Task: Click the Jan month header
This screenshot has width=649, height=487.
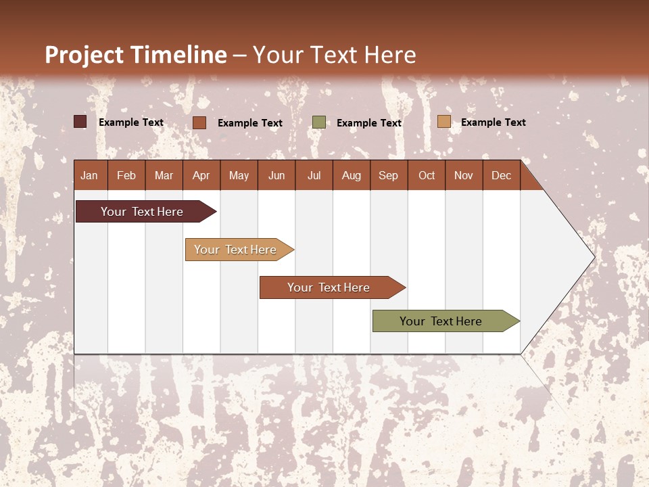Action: [x=89, y=175]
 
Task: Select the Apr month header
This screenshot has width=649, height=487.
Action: [x=201, y=175]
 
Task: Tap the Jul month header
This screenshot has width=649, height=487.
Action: [x=314, y=175]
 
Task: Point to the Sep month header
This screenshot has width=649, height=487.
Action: [x=388, y=175]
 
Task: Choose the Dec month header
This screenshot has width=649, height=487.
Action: [x=501, y=175]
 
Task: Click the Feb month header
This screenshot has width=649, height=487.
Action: [x=126, y=175]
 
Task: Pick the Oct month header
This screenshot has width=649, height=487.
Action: [x=427, y=175]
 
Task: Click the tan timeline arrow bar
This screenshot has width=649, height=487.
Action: [x=237, y=250]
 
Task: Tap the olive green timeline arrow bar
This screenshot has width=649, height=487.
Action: [x=443, y=321]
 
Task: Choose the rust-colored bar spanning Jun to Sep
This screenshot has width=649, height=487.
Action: [x=330, y=287]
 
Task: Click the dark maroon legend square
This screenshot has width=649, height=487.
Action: [x=80, y=122]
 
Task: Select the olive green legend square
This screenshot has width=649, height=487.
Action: [x=319, y=122]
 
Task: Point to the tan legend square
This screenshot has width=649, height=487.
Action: [x=443, y=122]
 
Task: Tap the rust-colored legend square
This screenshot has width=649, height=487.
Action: [x=199, y=122]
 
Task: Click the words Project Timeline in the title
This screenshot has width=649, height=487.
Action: [x=136, y=55]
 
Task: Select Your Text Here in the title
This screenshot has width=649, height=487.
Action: [x=334, y=55]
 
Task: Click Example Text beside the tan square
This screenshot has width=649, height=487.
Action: [x=493, y=122]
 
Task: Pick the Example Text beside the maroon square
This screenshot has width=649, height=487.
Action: [x=130, y=122]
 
